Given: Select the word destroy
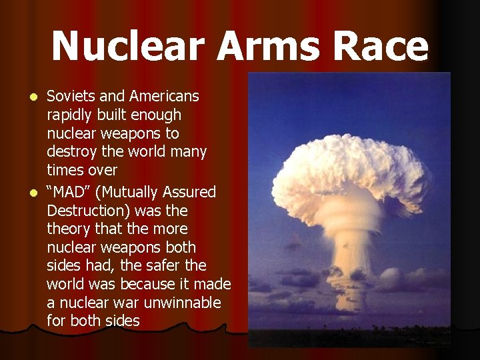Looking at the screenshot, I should click(71, 152).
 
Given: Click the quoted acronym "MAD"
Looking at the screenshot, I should click(69, 192).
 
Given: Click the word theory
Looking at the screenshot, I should click(69, 229).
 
